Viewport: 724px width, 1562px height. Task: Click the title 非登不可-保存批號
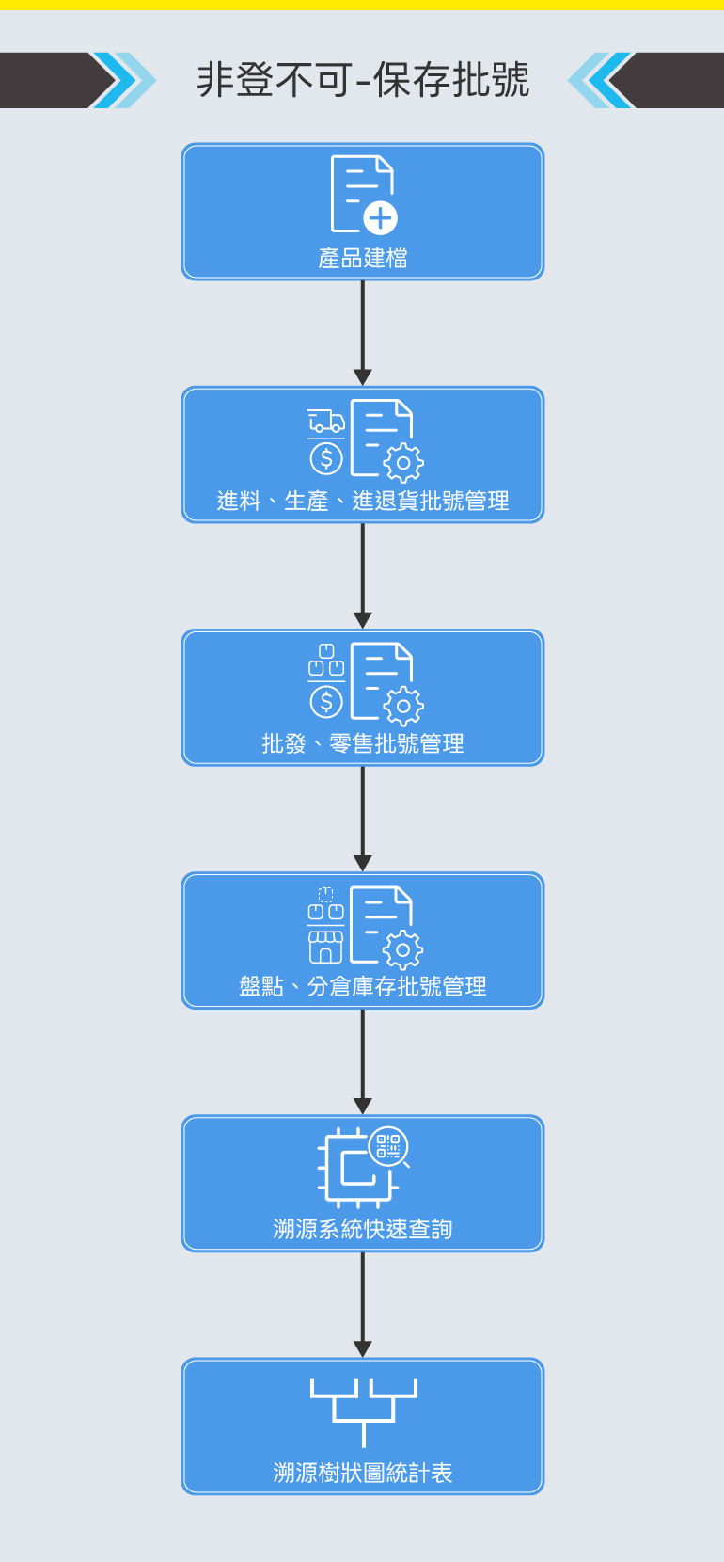(x=363, y=80)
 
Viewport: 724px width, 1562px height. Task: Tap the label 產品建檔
(x=363, y=258)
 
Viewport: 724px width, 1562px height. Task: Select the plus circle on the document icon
(x=380, y=219)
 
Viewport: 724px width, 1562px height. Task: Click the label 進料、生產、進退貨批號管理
(x=363, y=501)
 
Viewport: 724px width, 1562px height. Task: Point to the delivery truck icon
(x=326, y=422)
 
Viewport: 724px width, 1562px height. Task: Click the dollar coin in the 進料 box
(x=326, y=458)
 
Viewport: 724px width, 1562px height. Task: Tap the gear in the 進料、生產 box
(x=403, y=463)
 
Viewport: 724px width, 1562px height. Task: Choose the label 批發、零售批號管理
(x=363, y=743)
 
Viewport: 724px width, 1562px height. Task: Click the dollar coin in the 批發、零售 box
(x=326, y=702)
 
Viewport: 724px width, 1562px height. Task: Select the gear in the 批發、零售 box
(x=403, y=706)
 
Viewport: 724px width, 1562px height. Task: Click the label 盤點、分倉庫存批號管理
(x=363, y=986)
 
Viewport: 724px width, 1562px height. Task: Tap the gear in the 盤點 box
(x=403, y=949)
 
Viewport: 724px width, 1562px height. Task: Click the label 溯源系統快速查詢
(x=363, y=1229)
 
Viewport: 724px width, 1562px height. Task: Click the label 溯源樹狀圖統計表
(x=363, y=1473)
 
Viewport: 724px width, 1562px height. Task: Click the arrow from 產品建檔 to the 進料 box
(x=363, y=333)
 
